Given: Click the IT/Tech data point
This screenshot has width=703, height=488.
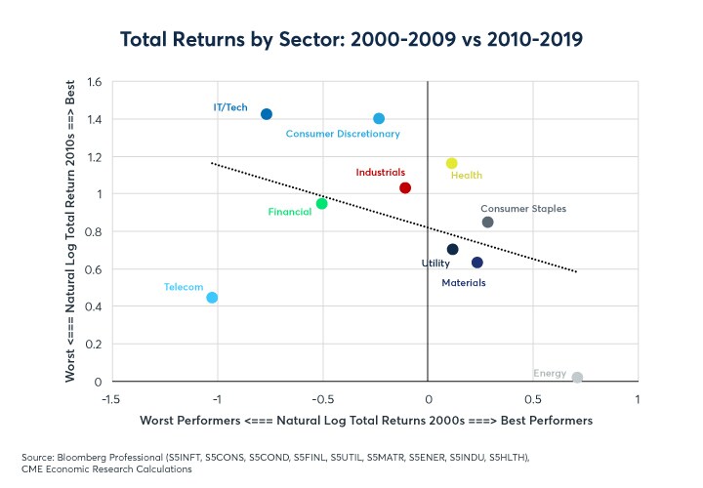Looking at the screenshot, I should (x=267, y=114).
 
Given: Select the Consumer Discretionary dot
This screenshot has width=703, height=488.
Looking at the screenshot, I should (x=379, y=118).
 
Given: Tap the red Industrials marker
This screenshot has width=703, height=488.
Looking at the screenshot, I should (x=405, y=187).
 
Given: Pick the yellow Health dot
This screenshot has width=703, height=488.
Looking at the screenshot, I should (x=451, y=163).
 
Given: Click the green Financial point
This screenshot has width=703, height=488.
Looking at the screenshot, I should (x=321, y=203).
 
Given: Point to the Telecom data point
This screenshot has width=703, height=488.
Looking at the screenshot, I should (x=212, y=298).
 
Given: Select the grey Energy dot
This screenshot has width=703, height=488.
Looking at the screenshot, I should (x=578, y=378).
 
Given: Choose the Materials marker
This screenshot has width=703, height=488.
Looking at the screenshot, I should (x=476, y=263).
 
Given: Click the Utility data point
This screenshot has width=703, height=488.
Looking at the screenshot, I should (x=452, y=249).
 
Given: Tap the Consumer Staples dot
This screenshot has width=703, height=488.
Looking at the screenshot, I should (x=488, y=223).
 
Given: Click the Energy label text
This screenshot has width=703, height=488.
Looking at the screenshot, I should (x=550, y=373).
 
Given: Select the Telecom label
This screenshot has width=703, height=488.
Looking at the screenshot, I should (x=184, y=287).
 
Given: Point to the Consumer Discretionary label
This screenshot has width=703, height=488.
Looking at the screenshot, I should (x=343, y=134).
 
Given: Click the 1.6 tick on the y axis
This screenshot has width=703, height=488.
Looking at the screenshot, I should (x=96, y=82).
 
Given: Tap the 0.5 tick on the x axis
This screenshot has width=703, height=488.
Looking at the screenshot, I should (x=533, y=400).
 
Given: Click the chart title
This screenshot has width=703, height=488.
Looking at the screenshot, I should (x=351, y=40).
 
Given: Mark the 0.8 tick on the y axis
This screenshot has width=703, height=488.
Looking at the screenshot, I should (x=96, y=232).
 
